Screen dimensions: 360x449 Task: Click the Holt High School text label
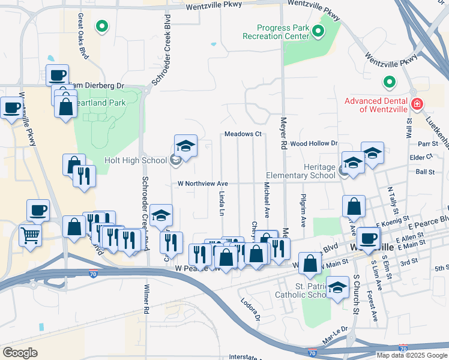click(x=136, y=160)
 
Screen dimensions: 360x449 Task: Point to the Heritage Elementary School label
click(x=301, y=171)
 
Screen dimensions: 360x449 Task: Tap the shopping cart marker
click(x=30, y=235)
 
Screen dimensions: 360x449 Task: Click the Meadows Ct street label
click(x=243, y=134)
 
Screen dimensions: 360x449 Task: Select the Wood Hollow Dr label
click(x=314, y=144)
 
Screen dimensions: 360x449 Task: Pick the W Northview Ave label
click(x=203, y=184)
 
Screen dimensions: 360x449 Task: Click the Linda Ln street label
click(x=221, y=204)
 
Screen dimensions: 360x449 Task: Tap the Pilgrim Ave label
click(x=303, y=214)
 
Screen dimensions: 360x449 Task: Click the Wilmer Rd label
click(x=145, y=299)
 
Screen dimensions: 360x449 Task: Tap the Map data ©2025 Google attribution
click(x=412, y=355)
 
